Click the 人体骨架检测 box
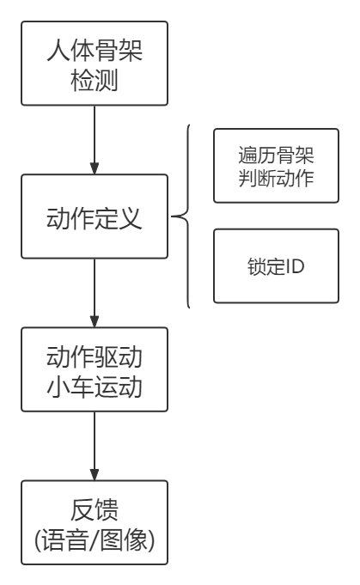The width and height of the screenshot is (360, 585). [95, 64]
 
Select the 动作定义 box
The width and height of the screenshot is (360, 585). [95, 216]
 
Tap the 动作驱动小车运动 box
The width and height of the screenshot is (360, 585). [95, 369]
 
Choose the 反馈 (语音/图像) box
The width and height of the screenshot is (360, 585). [95, 522]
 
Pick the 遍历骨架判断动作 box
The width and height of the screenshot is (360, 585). [276, 166]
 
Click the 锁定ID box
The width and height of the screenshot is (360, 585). [276, 265]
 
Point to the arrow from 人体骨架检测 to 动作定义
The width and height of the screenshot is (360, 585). [95, 140]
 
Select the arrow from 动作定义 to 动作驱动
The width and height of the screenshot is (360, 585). [95, 293]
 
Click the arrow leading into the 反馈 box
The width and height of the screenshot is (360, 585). [95, 446]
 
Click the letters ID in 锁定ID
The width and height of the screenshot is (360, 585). [295, 266]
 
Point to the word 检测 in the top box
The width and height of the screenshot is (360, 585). [95, 80]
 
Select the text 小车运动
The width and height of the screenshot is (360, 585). [95, 387]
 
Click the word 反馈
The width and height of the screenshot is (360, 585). [95, 509]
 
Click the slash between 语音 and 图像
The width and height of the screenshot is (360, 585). [94, 539]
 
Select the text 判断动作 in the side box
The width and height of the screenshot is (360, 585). [276, 178]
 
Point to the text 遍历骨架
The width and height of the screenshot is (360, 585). [276, 155]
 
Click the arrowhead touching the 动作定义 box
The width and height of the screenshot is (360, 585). [95, 168]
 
